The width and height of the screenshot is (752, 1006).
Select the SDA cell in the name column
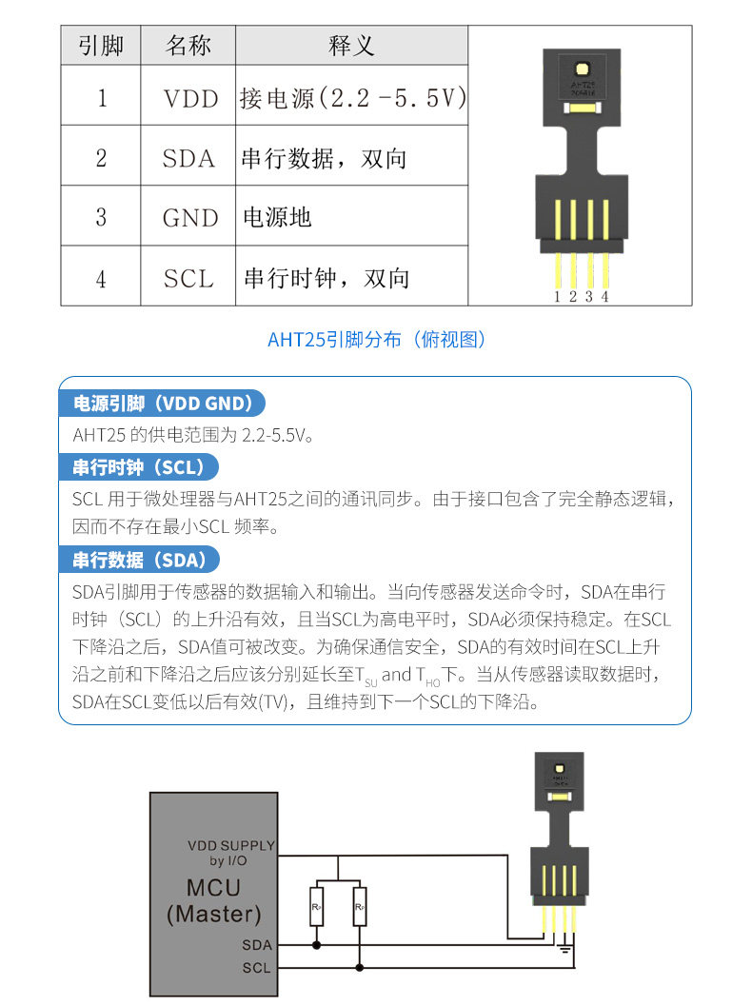(188, 158)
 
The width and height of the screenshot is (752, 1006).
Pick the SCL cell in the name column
(188, 278)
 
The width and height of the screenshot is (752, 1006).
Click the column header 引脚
(101, 46)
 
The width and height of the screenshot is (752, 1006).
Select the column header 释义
(351, 46)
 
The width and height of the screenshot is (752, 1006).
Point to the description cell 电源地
(351, 218)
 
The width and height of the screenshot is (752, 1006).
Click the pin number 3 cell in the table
(101, 218)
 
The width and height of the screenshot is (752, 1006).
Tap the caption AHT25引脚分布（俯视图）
(376, 339)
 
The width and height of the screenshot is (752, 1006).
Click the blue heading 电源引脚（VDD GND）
(162, 403)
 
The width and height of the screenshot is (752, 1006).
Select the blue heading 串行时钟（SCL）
(138, 467)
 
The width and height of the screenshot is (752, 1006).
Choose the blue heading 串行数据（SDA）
(139, 560)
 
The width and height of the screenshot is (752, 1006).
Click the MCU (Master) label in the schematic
(213, 900)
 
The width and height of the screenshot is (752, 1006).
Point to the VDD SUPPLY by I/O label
(231, 853)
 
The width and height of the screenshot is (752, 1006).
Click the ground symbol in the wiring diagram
(564, 948)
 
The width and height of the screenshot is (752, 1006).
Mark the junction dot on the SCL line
(360, 967)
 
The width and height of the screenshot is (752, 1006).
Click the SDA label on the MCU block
(257, 945)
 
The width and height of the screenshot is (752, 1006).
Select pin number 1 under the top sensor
(557, 296)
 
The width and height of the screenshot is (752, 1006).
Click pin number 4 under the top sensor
(604, 296)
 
